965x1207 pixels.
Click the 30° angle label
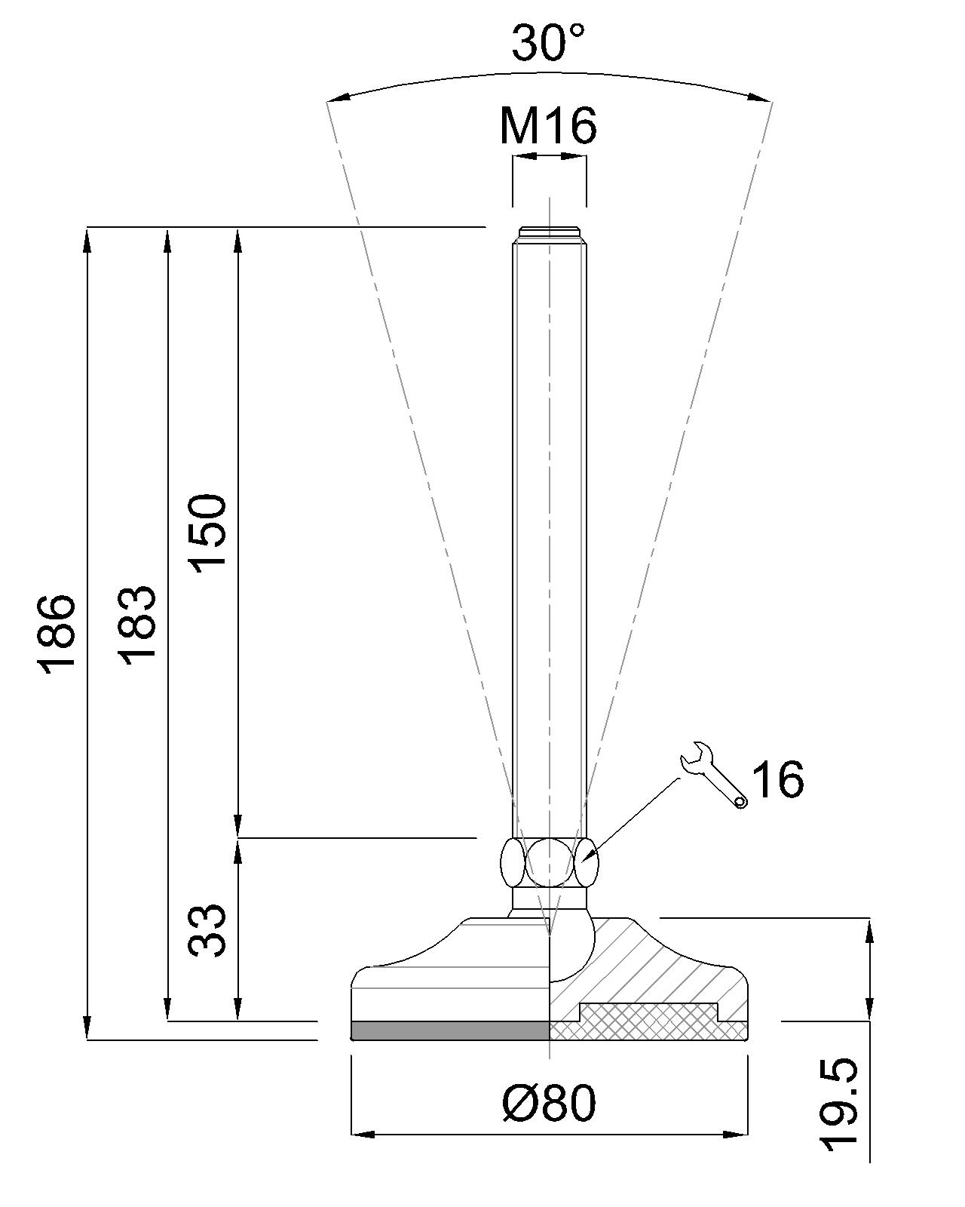click(549, 44)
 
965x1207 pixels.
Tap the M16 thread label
click(548, 125)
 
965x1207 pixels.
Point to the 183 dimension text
click(138, 624)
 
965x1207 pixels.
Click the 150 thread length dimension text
click(207, 533)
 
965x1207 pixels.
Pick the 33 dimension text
click(207, 929)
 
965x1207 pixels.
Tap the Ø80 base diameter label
click(549, 1103)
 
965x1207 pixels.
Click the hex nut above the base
click(549, 863)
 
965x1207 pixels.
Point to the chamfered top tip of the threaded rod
click(549, 234)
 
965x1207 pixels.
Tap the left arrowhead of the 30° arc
click(336, 98)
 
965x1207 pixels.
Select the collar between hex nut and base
click(549, 898)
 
